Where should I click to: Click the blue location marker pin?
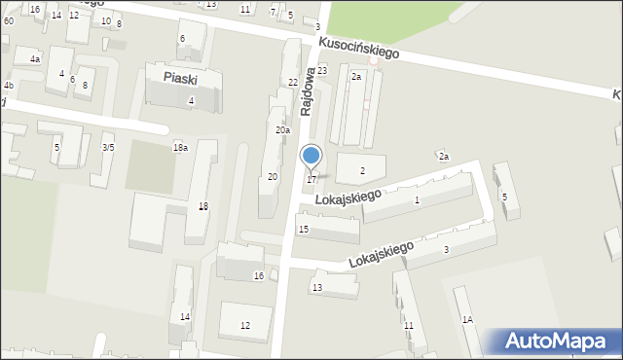(311, 156)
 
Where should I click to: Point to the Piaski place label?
(182, 77)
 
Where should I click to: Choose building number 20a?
(282, 129)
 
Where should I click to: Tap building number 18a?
(180, 147)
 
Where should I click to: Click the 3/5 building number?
(108, 147)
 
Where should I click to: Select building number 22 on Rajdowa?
(293, 83)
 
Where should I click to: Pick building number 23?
(322, 71)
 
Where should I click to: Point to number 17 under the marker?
(311, 179)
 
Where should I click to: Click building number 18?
(202, 205)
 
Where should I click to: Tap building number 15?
(304, 230)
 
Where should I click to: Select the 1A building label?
(467, 319)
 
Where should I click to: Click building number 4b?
(8, 87)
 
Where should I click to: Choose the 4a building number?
(35, 59)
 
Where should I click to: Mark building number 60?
(8, 20)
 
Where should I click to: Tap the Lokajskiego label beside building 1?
(348, 198)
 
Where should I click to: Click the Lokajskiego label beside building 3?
(381, 255)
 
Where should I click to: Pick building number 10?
(105, 20)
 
